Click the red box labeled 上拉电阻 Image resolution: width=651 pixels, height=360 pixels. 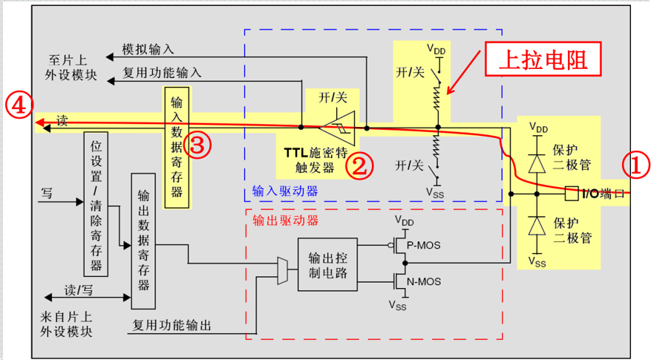click(x=543, y=59)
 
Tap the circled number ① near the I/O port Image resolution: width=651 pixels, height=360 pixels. click(x=635, y=166)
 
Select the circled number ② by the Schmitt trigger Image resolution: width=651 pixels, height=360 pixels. click(x=360, y=166)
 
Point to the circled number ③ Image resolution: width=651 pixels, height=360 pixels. click(x=197, y=145)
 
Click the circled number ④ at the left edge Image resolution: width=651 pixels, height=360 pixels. click(x=19, y=105)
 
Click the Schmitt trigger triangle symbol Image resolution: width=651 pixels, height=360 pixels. click(x=338, y=128)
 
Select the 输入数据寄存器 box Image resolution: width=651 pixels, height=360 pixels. click(x=177, y=148)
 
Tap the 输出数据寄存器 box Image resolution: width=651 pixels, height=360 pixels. click(x=143, y=241)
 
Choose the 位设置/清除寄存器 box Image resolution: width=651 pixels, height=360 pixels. click(x=96, y=204)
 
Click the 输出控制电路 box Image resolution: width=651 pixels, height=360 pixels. click(x=327, y=264)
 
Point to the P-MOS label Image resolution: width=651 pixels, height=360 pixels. click(x=423, y=246)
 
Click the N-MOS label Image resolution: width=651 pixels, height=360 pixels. click(x=424, y=282)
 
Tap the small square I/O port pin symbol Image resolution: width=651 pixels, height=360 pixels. click(x=572, y=194)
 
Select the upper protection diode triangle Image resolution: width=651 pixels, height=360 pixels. click(x=537, y=163)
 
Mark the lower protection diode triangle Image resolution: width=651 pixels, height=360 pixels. click(x=537, y=226)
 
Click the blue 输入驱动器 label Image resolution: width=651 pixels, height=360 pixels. click(x=285, y=191)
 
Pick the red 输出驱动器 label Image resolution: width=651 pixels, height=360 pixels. click(x=286, y=220)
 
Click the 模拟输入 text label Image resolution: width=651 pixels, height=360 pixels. click(x=148, y=50)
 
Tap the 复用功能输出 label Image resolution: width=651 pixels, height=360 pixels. click(x=172, y=325)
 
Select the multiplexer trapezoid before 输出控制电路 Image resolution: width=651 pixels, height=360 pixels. click(x=283, y=271)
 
